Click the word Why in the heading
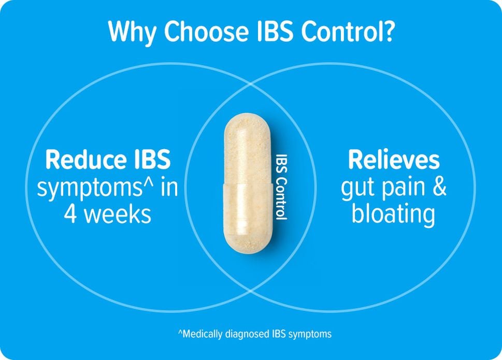[132, 32]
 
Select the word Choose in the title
[207, 32]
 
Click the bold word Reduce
[81, 160]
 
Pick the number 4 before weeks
[70, 214]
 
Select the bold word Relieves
[394, 160]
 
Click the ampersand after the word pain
[439, 186]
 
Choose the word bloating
[394, 215]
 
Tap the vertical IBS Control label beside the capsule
[282, 187]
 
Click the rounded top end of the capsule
[248, 120]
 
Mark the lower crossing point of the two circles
[250, 291]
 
